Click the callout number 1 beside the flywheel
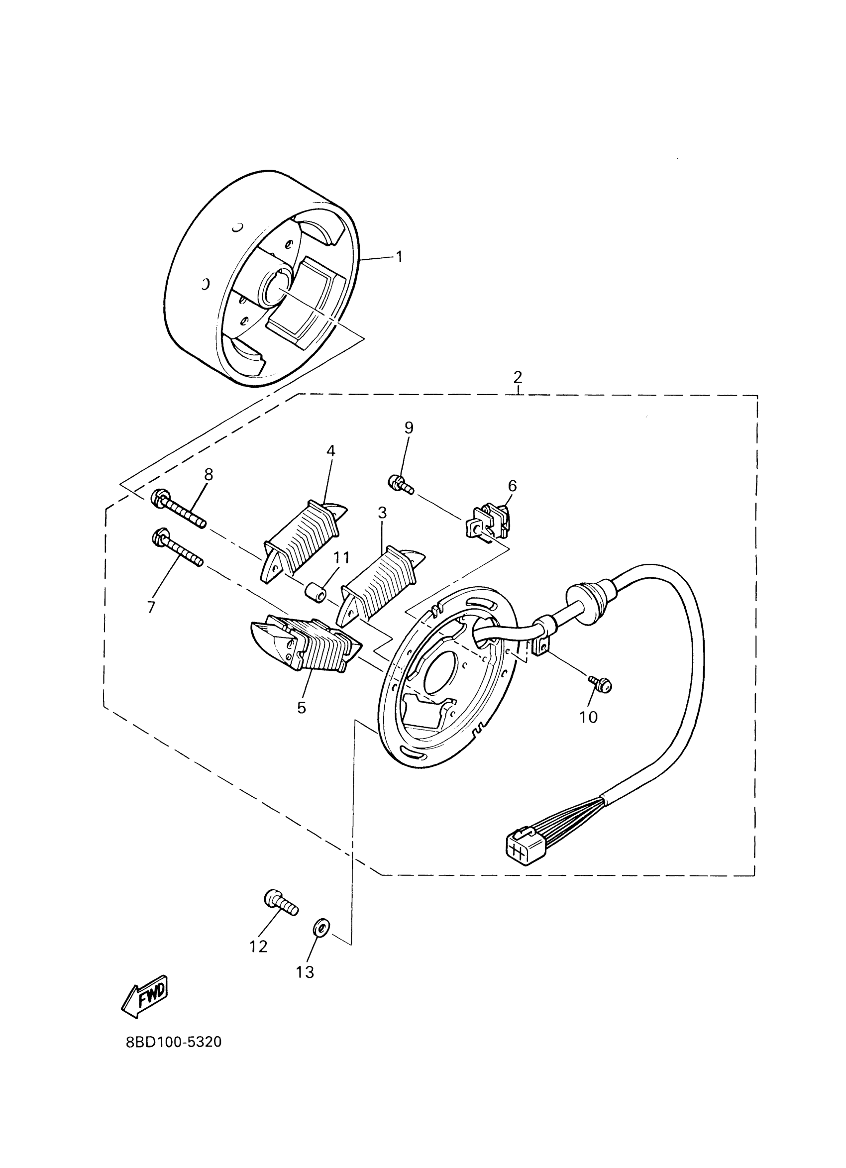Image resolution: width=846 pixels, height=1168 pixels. (x=399, y=256)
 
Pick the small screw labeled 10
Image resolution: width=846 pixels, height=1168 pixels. (x=600, y=683)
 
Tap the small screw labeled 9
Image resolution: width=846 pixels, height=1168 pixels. (x=401, y=484)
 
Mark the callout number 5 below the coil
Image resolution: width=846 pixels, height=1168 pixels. (x=301, y=708)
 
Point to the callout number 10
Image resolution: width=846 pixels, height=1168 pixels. (x=588, y=717)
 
